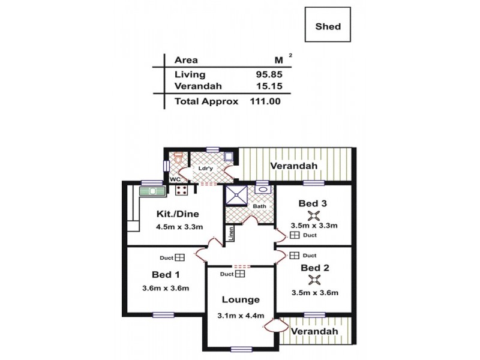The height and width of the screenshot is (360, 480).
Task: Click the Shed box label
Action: (328, 26)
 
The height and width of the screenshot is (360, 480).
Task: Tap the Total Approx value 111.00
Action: (265, 101)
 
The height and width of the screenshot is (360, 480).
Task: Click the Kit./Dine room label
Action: (177, 214)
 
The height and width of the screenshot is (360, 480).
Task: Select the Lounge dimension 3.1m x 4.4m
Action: (241, 316)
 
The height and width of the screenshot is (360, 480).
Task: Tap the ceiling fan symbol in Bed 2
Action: (313, 280)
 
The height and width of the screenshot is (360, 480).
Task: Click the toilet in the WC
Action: (178, 160)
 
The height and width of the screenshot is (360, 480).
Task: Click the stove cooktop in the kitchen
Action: (182, 191)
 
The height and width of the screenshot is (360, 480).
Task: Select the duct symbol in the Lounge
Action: (240, 274)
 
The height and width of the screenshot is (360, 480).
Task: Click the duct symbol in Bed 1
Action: (179, 257)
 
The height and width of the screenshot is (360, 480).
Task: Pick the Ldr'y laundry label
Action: (206, 169)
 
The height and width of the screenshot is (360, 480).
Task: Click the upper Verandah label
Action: (293, 166)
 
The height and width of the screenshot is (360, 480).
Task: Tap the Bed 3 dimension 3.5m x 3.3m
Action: (313, 226)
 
